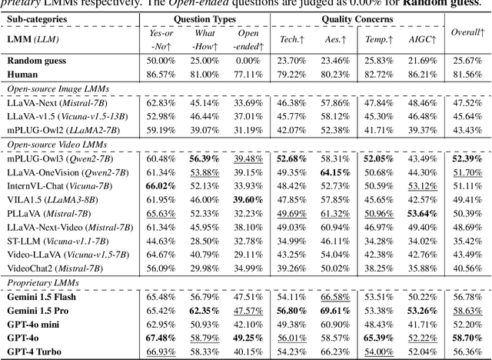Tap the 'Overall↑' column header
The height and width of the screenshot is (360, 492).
coord(467,32)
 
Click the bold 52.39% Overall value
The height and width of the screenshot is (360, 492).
coord(467,158)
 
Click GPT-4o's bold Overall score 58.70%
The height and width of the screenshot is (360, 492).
coord(467,338)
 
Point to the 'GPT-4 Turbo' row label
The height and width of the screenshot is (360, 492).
coord(38,352)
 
